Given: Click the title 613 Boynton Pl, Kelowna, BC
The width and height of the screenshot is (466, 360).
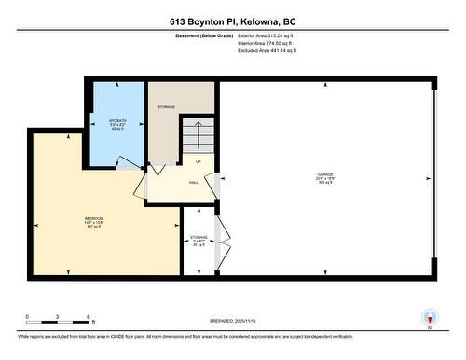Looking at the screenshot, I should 232,20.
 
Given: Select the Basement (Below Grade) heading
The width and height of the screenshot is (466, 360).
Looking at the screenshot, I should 204,35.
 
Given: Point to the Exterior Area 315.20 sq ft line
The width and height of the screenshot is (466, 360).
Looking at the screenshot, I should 272,35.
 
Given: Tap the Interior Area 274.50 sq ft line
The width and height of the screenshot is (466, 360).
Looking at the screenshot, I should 272,43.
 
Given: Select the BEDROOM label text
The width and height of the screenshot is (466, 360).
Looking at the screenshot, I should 93,221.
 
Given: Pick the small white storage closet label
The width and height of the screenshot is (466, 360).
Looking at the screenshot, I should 199,241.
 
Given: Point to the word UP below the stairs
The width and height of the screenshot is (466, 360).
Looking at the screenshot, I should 198,161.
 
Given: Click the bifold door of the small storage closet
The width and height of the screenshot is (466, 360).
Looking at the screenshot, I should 220,241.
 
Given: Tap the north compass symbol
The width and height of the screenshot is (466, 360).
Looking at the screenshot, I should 429,317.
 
